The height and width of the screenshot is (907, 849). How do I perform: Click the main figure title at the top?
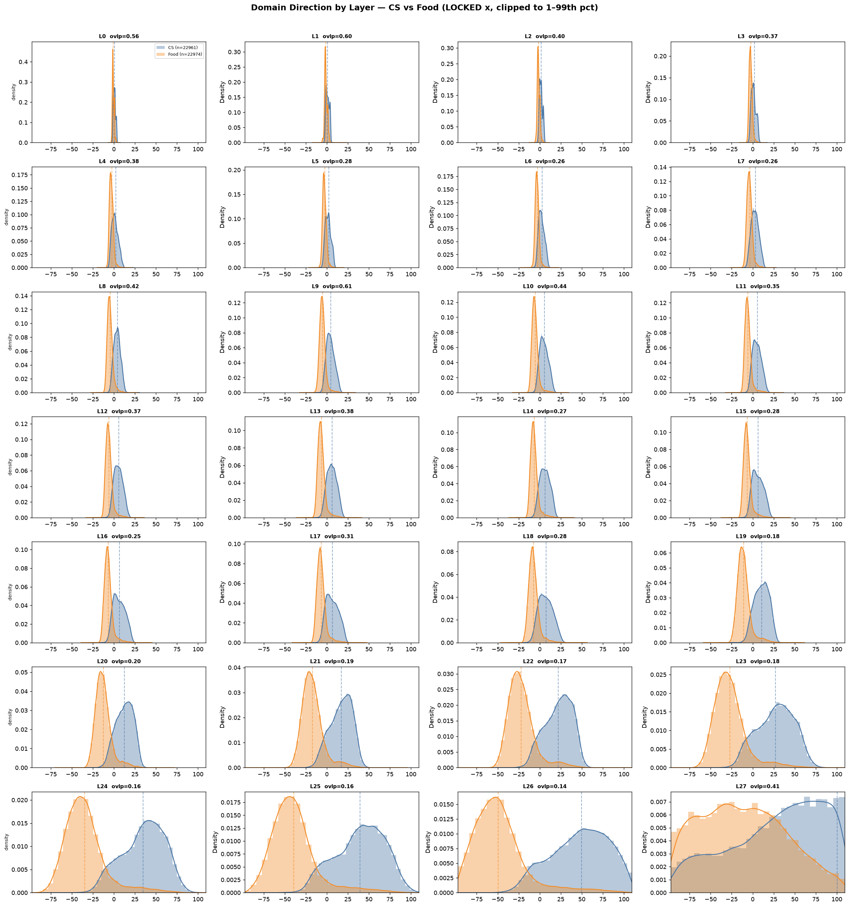click(x=424, y=8)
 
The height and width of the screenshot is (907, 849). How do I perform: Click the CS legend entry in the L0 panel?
click(x=179, y=48)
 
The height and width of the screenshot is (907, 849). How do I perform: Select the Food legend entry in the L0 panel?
click(x=180, y=54)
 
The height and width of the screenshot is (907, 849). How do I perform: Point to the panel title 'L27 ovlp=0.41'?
click(x=757, y=786)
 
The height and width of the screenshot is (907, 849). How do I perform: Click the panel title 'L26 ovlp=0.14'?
click(x=545, y=786)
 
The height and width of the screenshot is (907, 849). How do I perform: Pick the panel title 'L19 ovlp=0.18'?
click(x=757, y=536)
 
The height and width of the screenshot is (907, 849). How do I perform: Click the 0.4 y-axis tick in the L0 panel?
click(x=23, y=62)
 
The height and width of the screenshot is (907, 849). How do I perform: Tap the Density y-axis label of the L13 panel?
click(x=222, y=467)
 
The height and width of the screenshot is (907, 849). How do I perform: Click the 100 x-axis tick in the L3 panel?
click(x=837, y=149)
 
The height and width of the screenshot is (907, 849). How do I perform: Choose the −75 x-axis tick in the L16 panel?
click(x=51, y=649)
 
